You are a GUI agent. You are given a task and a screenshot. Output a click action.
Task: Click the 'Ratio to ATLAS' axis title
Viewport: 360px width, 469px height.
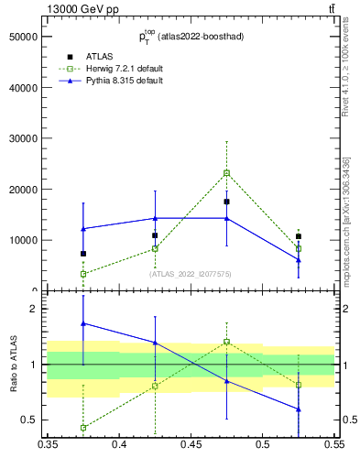tap(14, 364)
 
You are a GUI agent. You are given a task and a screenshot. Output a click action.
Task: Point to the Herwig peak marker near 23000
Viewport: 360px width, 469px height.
tap(226, 172)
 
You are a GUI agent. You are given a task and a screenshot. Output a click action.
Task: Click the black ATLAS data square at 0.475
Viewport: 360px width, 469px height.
tap(226, 202)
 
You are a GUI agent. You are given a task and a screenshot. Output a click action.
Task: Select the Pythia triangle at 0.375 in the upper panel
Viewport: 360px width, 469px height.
tap(83, 228)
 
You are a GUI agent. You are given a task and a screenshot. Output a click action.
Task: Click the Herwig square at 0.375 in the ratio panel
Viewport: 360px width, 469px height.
tap(83, 428)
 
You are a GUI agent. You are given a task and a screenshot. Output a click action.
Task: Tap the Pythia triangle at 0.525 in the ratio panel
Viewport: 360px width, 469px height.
tap(298, 409)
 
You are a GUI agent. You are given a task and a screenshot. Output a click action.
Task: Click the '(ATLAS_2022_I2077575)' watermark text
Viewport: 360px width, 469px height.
tap(191, 274)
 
